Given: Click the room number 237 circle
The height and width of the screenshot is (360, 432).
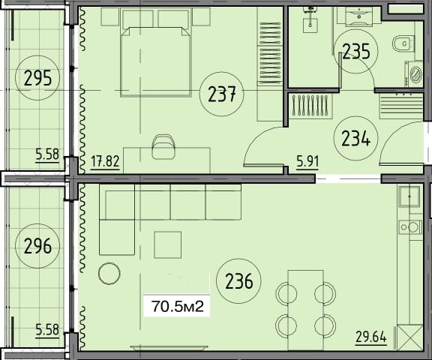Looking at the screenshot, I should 223,94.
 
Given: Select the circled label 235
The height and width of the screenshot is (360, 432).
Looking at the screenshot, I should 355,51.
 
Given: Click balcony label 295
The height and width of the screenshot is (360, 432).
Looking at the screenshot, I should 37,77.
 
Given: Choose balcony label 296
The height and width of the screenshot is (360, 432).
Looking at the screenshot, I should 37,245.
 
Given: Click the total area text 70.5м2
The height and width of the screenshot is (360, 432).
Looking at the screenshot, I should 175,306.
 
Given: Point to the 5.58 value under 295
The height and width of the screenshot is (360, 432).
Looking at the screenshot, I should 46,156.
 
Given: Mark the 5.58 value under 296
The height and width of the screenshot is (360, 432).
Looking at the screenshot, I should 46,327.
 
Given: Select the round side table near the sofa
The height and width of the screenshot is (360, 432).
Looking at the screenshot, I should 109,274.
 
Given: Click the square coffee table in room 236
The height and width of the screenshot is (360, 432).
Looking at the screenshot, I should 168,244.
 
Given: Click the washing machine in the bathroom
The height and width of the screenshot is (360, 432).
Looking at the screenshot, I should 414,73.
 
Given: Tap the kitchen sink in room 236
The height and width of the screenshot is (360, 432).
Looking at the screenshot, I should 410,197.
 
